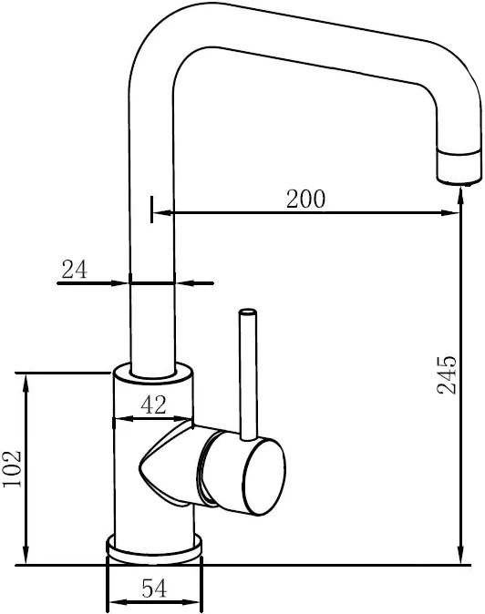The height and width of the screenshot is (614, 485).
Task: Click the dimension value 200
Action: [x=305, y=199]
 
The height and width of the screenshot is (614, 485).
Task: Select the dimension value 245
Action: [x=447, y=374]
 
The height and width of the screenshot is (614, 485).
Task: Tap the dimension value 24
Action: [x=75, y=270]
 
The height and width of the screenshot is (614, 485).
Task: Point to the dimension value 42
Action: [x=153, y=404]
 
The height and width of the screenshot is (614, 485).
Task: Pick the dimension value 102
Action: [x=12, y=469]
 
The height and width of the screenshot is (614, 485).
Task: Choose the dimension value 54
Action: [x=154, y=588]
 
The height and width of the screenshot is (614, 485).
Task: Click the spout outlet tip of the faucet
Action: [x=459, y=181]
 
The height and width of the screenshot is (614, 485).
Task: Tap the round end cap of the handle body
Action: [x=263, y=476]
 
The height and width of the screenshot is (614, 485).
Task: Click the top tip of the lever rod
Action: [x=248, y=312]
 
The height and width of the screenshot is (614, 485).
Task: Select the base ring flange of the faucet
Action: [x=154, y=549]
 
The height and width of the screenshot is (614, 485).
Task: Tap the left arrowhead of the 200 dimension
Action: [x=161, y=213]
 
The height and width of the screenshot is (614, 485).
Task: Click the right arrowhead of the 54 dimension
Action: [x=193, y=601]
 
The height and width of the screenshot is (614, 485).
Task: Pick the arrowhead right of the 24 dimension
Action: [x=183, y=282]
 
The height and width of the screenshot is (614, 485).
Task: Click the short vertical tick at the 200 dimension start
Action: [x=151, y=210]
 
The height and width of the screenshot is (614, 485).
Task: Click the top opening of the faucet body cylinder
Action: [x=153, y=372]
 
